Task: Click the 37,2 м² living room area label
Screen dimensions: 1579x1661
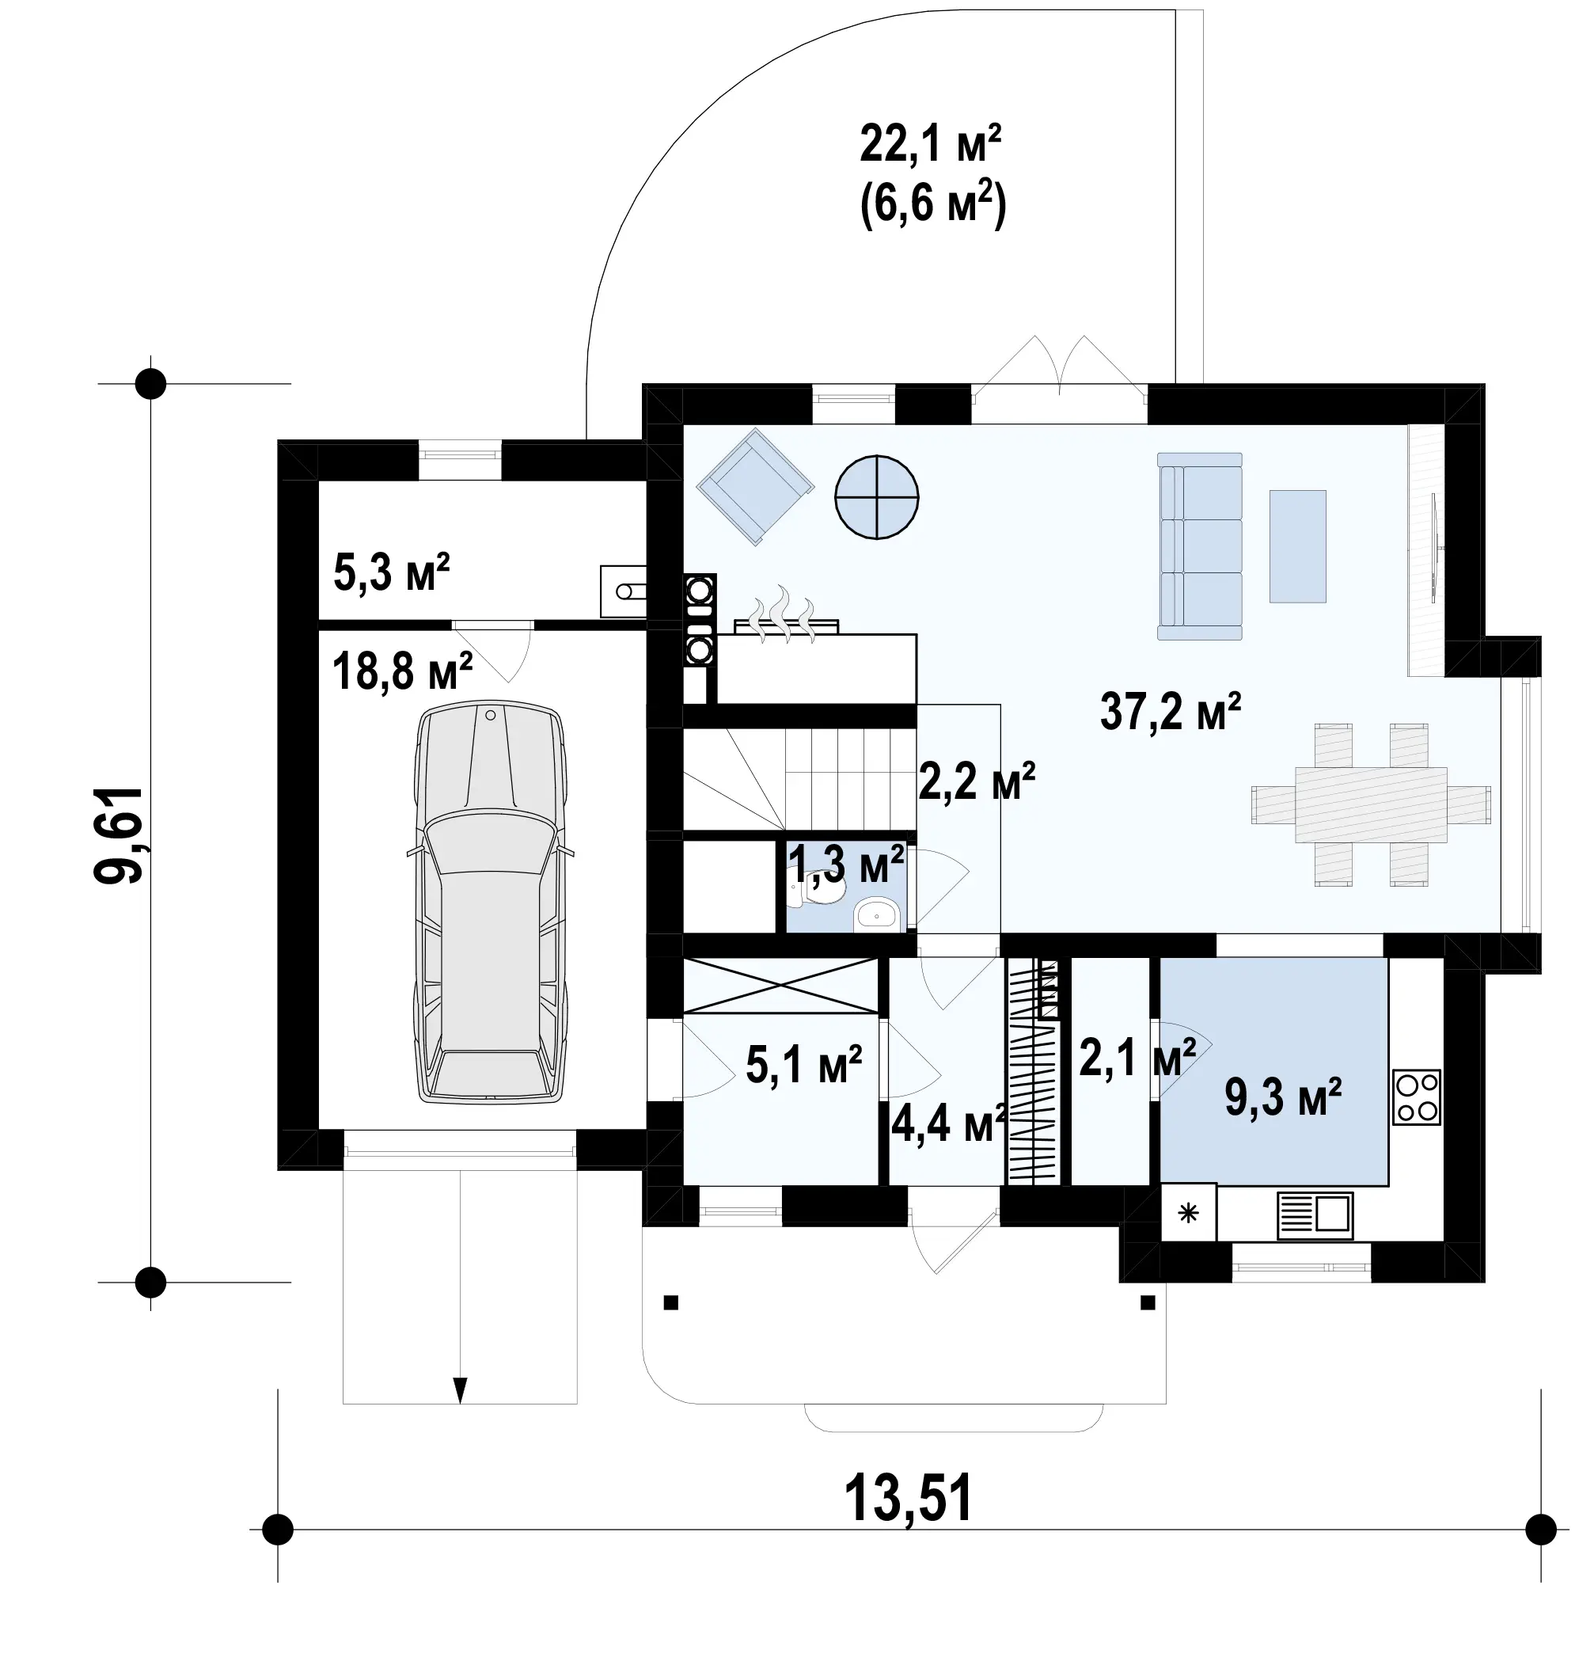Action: (1170, 712)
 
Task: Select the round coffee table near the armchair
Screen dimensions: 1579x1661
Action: (876, 496)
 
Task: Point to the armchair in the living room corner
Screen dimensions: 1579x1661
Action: (755, 487)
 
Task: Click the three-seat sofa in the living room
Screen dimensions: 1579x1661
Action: (1199, 546)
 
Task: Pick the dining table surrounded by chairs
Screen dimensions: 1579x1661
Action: (1371, 805)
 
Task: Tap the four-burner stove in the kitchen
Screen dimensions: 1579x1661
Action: (1417, 1097)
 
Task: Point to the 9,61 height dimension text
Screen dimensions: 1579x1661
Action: (119, 834)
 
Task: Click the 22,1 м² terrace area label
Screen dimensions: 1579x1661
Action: (930, 143)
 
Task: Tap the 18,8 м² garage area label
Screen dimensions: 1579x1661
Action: (402, 671)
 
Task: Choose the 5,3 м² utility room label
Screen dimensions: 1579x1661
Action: (391, 572)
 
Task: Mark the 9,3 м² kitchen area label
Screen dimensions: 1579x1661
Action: (1283, 1097)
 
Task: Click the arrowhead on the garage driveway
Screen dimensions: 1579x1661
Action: (460, 1390)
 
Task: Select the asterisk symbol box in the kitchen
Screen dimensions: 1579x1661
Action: (1189, 1213)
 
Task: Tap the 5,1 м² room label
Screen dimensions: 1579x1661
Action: (804, 1064)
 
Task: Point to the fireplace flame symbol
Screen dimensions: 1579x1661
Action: (785, 615)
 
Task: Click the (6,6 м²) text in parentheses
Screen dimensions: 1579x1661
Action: (932, 204)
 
